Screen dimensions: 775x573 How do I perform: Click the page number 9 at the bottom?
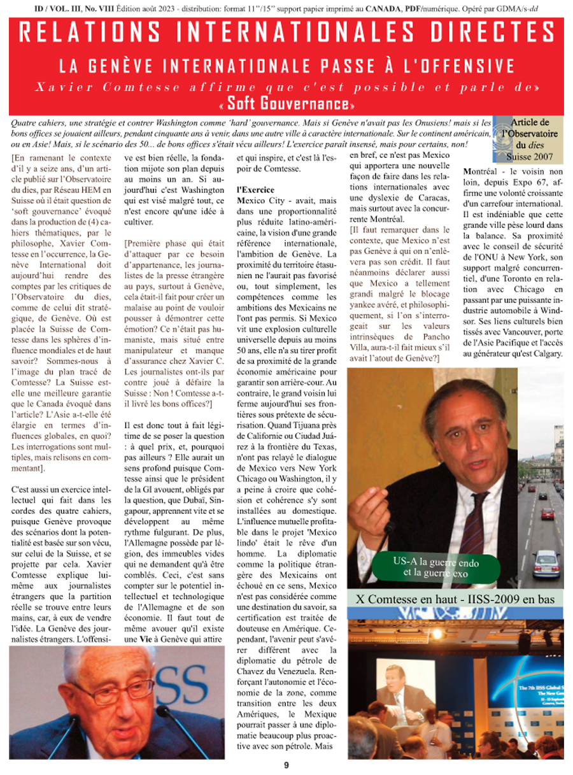tap(286, 765)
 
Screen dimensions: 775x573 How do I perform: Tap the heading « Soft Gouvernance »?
tap(286, 103)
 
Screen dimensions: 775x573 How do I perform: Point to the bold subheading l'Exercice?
tap(256, 190)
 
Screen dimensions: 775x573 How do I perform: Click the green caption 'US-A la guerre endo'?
tap(436, 563)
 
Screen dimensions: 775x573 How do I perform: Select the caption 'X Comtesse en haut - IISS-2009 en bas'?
tap(455, 599)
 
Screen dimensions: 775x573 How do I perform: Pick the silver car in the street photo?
tap(546, 564)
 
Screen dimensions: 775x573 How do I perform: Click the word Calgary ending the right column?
tap(543, 354)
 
